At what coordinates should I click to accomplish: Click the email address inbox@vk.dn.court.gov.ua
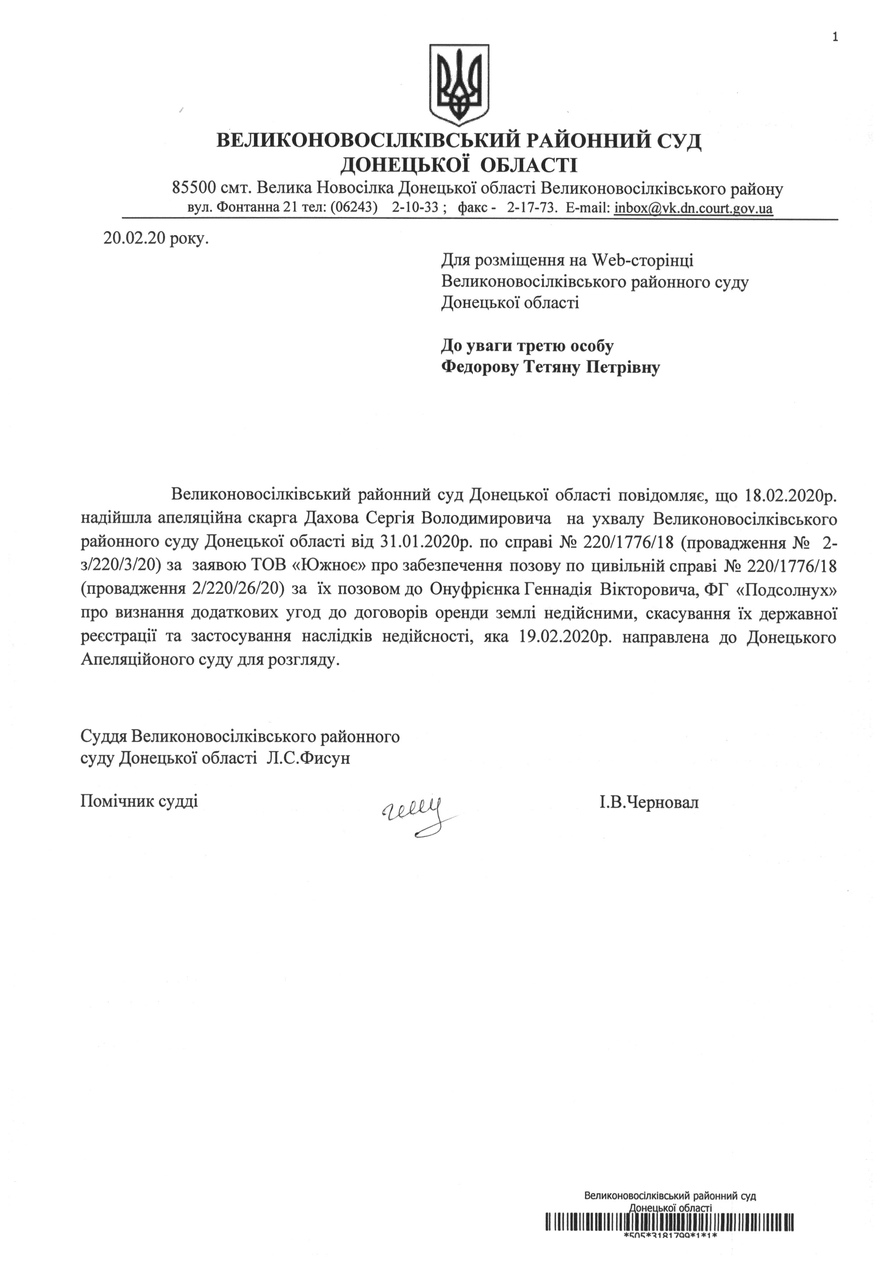click(x=694, y=208)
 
